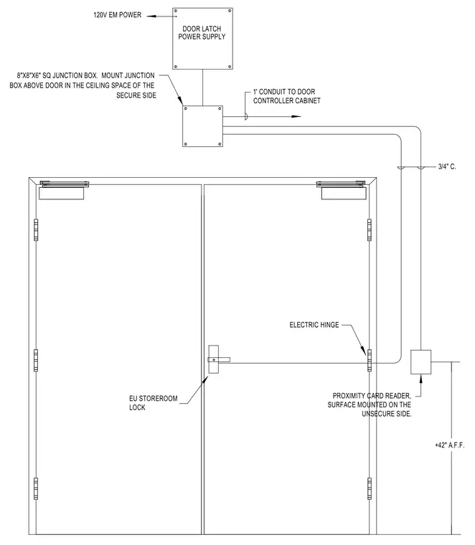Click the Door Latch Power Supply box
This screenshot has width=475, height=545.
(x=202, y=39)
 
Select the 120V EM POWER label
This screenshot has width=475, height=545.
(x=118, y=15)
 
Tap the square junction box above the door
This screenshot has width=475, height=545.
(x=202, y=126)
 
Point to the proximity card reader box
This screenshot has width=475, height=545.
(x=420, y=362)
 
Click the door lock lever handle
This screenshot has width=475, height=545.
(x=219, y=359)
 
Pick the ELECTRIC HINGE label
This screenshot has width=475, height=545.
(x=314, y=325)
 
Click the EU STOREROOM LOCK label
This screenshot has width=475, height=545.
(x=154, y=403)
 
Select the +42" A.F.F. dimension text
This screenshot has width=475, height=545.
(x=450, y=445)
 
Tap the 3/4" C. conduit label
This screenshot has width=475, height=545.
(x=447, y=167)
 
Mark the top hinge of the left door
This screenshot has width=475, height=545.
(x=36, y=229)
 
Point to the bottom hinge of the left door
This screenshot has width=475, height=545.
(x=36, y=488)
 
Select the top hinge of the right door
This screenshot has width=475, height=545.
(x=370, y=229)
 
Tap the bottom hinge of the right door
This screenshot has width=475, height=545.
(x=370, y=488)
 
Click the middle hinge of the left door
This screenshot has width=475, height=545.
(x=36, y=361)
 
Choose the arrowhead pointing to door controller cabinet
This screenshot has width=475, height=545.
(x=296, y=116)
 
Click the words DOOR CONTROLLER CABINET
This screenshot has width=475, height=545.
(x=287, y=101)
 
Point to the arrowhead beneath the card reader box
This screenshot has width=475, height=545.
(x=420, y=379)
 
